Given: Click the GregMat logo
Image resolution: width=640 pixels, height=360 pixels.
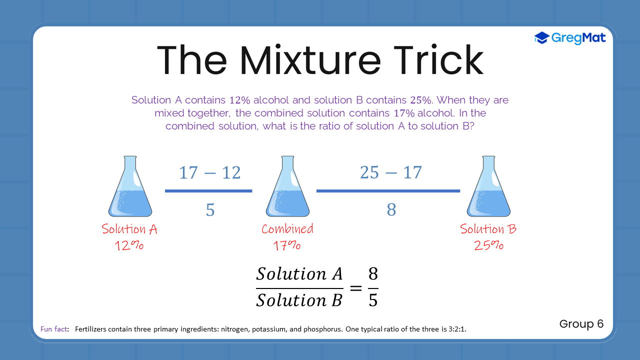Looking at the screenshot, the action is (569, 38).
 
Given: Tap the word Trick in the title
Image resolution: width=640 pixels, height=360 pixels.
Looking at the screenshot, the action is (438, 59).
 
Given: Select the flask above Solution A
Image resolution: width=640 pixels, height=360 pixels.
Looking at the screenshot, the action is (130, 186).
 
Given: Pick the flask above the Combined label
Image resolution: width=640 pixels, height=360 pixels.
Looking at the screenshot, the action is (287, 186).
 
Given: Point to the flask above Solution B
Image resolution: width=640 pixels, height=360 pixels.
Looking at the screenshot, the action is (488, 186).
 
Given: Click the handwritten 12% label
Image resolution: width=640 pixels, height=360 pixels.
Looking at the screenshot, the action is (129, 245).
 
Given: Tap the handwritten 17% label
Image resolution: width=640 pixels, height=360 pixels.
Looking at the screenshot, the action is (286, 245).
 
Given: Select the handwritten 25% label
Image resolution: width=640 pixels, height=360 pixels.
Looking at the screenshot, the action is (488, 245).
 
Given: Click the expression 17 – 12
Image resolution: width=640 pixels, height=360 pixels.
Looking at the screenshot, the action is (209, 172).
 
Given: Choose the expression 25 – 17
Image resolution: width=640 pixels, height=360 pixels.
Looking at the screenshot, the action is (390, 172).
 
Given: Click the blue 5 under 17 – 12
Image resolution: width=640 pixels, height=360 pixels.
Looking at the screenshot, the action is (210, 209).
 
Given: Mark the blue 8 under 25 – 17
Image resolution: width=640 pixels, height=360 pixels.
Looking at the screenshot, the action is (391, 209).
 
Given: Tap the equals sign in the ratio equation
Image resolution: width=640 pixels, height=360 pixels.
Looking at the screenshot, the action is (356, 288).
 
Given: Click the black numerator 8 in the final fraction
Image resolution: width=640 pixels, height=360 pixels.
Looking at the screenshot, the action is (373, 273).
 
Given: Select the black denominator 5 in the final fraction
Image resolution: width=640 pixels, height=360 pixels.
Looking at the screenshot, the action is (373, 300).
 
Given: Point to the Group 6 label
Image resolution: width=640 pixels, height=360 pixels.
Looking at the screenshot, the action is (581, 324).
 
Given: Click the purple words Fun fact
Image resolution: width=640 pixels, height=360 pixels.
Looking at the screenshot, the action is (54, 329).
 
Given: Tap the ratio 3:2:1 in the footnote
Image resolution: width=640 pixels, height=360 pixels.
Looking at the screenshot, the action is (457, 329).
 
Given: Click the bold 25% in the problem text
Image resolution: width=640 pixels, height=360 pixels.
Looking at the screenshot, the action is (420, 100).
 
